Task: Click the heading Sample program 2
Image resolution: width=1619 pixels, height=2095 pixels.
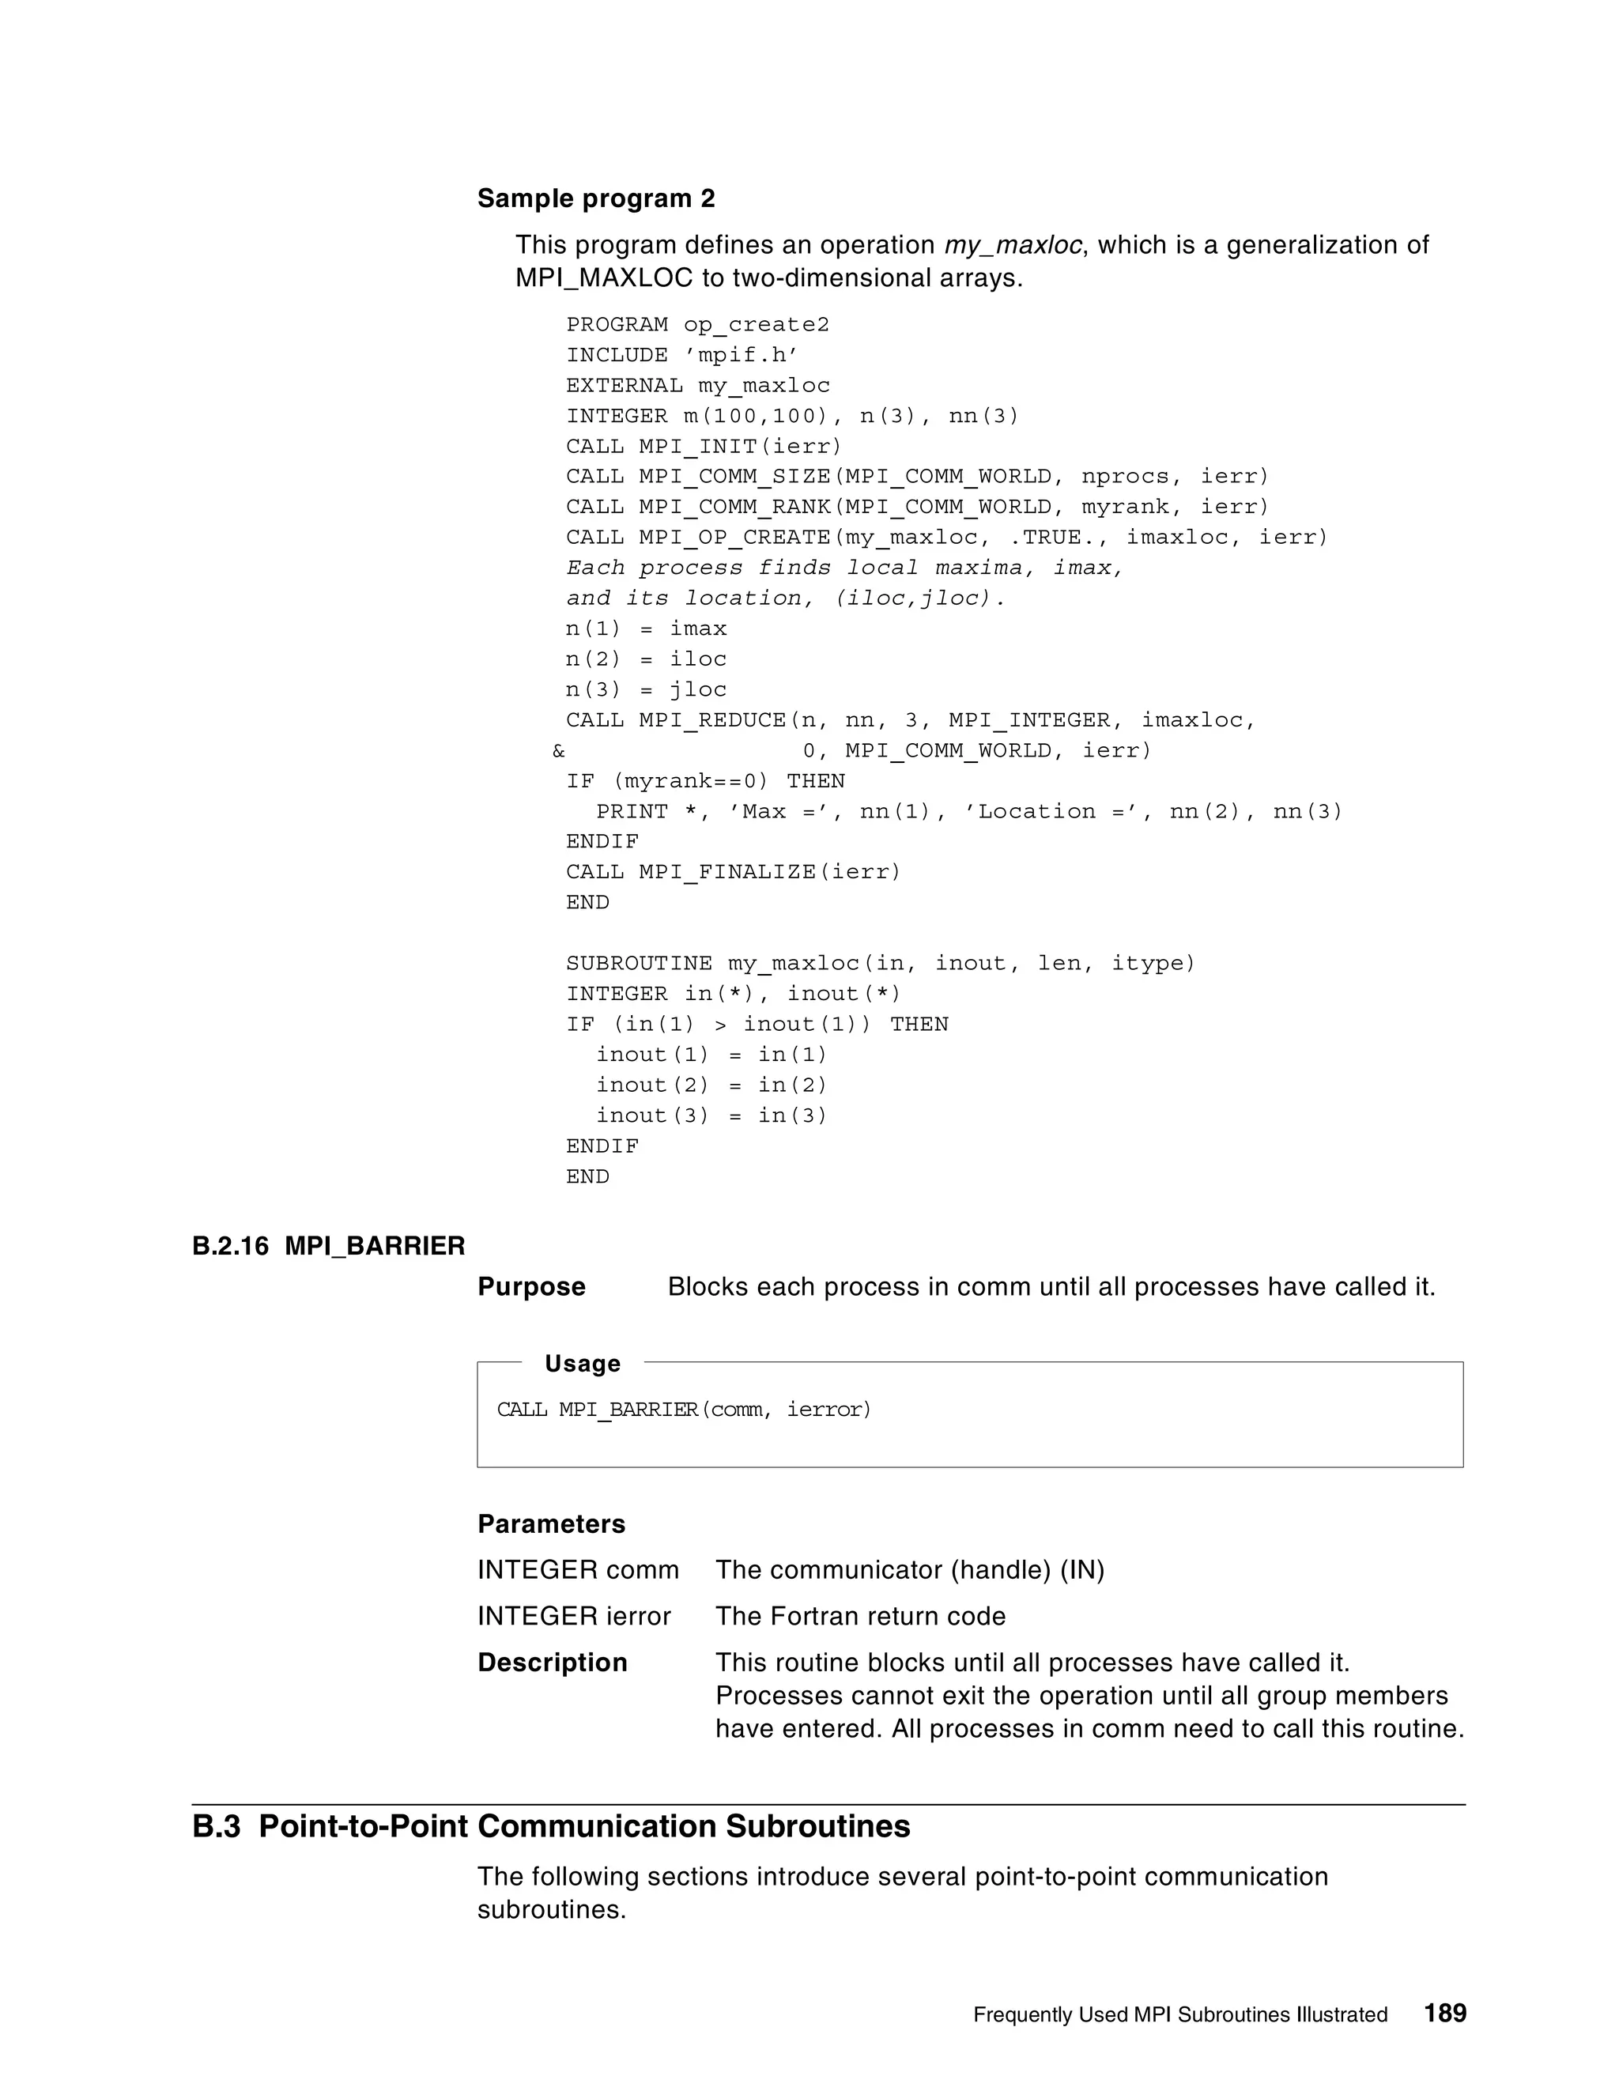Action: click(595, 198)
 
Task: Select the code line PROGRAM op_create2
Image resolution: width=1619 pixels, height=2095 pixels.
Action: click(697, 325)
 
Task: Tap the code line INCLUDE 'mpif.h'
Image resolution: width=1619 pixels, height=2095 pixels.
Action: click(682, 356)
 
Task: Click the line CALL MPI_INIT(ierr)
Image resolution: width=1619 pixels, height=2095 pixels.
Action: click(703, 447)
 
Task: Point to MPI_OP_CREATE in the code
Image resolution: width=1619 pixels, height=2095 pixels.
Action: click(734, 538)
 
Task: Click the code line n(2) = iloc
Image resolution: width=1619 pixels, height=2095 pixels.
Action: click(646, 660)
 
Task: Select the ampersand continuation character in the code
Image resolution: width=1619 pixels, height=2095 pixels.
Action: click(559, 751)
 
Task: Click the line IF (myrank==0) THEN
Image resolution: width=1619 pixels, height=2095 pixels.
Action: click(705, 782)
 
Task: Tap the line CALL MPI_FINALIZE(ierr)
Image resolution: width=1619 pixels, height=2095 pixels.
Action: click(733, 873)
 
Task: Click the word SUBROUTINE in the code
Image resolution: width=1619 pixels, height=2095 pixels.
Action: click(639, 964)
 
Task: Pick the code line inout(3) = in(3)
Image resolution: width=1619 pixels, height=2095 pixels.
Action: click(711, 1115)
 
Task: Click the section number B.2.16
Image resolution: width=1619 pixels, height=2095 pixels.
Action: click(230, 1246)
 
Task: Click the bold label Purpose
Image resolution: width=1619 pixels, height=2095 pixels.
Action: click(531, 1287)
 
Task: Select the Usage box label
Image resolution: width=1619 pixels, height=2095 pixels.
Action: click(582, 1364)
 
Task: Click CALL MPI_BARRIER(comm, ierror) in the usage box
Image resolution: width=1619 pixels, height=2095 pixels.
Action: click(684, 1410)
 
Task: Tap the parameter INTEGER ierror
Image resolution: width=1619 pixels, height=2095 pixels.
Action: click(574, 1617)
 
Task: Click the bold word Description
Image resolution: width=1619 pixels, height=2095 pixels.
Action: click(553, 1663)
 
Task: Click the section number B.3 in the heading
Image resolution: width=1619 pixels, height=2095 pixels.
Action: click(216, 1826)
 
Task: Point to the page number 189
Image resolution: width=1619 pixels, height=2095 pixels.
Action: click(1444, 2013)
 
